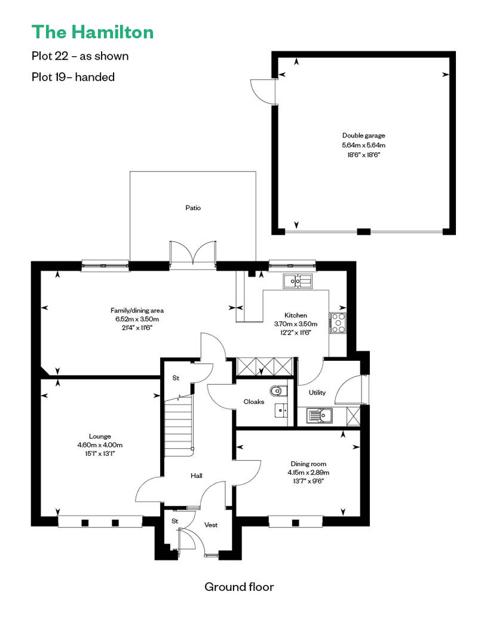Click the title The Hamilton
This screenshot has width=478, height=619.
point(93,32)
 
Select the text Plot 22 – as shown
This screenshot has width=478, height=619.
point(80,56)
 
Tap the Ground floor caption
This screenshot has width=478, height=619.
point(239,587)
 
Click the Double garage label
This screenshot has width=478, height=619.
point(363,136)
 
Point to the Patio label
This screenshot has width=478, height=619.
point(193,208)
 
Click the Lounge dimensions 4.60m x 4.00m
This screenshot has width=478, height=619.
point(100,445)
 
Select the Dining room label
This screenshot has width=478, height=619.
point(308,464)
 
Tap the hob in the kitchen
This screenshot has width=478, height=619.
point(338,323)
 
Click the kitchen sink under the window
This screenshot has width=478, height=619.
point(297,281)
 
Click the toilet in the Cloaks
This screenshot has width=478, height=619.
point(278,391)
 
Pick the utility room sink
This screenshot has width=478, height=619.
point(319,416)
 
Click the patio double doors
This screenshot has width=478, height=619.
point(193,253)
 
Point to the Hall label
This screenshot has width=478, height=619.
point(196,476)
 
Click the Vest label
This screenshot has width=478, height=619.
point(211,525)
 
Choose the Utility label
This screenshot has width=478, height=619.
point(317,393)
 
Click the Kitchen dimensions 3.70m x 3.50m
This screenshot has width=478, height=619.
point(296,324)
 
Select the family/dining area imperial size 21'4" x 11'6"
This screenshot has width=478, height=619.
point(137,327)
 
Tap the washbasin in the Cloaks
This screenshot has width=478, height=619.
point(281,410)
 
